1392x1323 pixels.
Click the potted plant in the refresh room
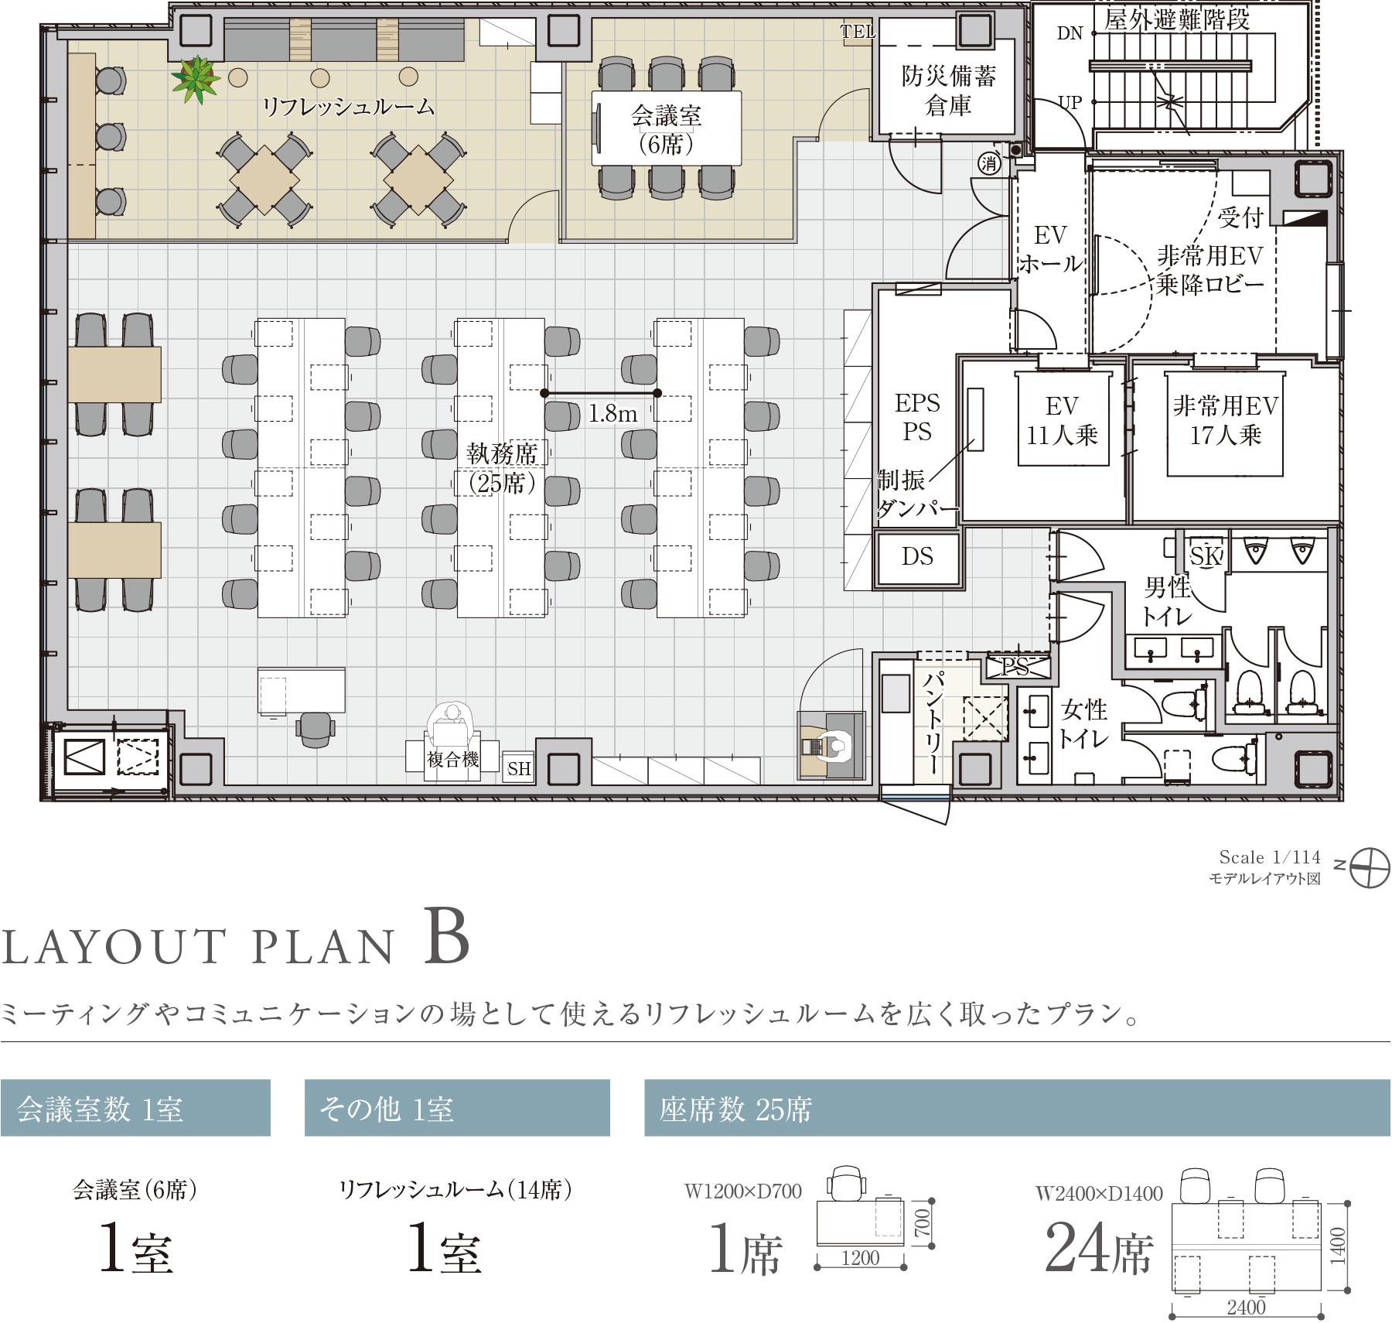(x=196, y=79)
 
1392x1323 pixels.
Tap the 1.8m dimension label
(x=612, y=414)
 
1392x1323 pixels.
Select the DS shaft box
(x=918, y=557)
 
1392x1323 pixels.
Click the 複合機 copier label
(x=453, y=760)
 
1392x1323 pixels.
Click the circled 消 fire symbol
(x=989, y=163)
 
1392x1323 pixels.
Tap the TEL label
(x=858, y=32)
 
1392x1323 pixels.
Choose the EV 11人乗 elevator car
(x=1063, y=420)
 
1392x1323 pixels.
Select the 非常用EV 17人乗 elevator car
(x=1225, y=422)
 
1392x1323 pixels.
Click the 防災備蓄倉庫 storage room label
(x=948, y=91)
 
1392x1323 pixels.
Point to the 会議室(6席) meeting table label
(x=666, y=129)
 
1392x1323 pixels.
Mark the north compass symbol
(x=1369, y=867)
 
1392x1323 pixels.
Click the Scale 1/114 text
(x=1270, y=857)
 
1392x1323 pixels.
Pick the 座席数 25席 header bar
(x=1017, y=1108)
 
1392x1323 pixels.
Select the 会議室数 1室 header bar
(x=135, y=1108)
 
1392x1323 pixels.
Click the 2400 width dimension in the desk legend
(x=1246, y=1307)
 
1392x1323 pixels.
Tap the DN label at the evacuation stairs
(x=1070, y=33)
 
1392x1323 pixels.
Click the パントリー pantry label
(x=933, y=723)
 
